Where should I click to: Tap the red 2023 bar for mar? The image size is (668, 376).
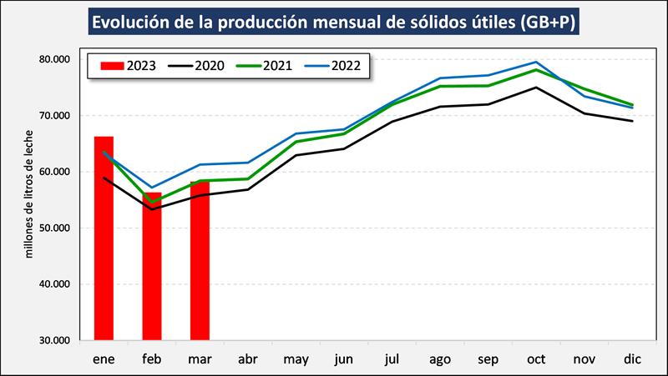tap(200, 260)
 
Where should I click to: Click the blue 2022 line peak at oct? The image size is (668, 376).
tap(536, 62)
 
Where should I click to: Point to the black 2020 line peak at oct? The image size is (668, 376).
tap(536, 88)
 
